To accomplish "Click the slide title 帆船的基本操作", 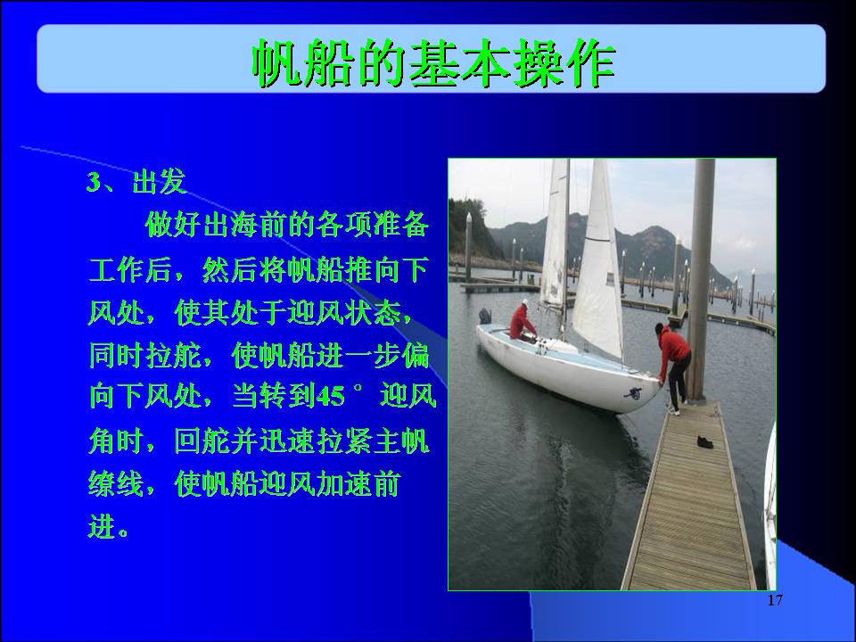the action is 434,62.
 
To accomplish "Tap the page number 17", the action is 775,600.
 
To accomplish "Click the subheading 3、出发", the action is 136,182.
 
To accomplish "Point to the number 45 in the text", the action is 330,396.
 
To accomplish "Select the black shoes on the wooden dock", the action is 704,441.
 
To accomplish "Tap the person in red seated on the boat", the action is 522,322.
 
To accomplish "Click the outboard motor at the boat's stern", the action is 485,316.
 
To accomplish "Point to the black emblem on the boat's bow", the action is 634,392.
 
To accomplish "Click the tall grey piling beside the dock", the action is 700,279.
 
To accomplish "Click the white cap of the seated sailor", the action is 524,302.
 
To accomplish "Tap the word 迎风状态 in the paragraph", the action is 344,313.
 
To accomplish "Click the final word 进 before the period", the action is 102,526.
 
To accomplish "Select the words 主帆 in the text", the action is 402,440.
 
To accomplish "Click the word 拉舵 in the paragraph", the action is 174,356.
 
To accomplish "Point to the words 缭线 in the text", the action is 116,483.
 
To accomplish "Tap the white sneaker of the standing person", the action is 674,412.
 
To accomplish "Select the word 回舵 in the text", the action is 202,440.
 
